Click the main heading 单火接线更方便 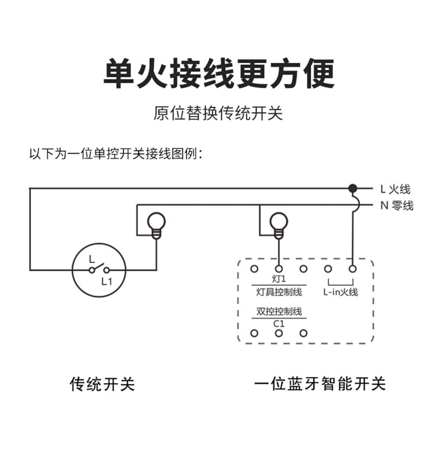[x=219, y=74]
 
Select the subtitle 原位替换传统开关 [x=218, y=113]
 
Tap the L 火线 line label [x=395, y=189]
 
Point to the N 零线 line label [x=396, y=206]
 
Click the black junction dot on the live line [x=353, y=188]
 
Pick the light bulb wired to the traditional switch [x=156, y=224]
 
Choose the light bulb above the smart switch [x=279, y=224]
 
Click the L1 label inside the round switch [x=106, y=282]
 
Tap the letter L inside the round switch [x=91, y=259]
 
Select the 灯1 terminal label [x=279, y=279]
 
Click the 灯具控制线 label [x=279, y=292]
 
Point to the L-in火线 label [x=341, y=292]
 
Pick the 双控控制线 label [x=279, y=311]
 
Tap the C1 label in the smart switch [x=279, y=324]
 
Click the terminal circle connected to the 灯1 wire [x=279, y=269]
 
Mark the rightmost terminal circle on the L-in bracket [x=353, y=269]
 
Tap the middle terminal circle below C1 [x=279, y=334]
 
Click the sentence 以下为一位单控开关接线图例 [x=116, y=154]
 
